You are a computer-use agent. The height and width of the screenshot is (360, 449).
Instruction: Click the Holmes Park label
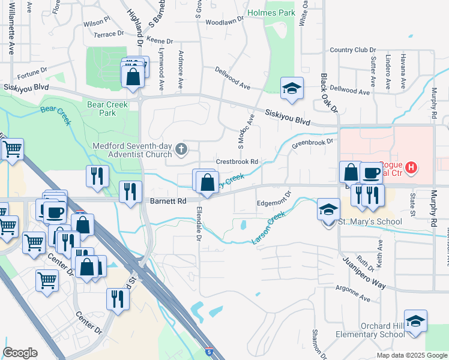pyautogui.click(x=271, y=12)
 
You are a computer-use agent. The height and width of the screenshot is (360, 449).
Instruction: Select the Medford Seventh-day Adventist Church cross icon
pyautogui.click(x=179, y=148)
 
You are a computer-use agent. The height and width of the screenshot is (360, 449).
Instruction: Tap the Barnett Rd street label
pyautogui.click(x=169, y=202)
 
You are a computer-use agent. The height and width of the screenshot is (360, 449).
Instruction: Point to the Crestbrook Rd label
pyautogui.click(x=237, y=162)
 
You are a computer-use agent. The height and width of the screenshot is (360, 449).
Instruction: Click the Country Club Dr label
pyautogui.click(x=352, y=50)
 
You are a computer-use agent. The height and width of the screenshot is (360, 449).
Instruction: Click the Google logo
pyautogui.click(x=20, y=353)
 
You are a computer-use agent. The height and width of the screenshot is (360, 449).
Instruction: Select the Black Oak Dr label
pyautogui.click(x=329, y=93)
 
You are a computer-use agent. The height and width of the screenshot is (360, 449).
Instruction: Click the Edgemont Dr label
pyautogui.click(x=274, y=199)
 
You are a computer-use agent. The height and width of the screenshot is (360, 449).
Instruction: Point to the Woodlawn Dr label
pyautogui.click(x=224, y=20)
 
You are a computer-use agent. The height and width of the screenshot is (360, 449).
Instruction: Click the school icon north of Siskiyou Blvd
pyautogui.click(x=292, y=88)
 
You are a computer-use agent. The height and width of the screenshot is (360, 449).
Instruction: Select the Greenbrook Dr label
pyautogui.click(x=312, y=143)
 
